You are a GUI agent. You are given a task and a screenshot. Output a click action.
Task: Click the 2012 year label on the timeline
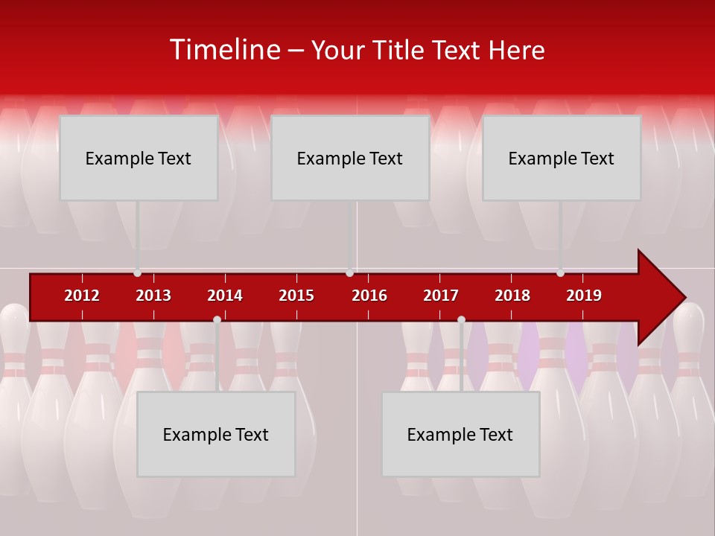coord(82,296)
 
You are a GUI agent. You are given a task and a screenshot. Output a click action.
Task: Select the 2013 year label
coord(153,296)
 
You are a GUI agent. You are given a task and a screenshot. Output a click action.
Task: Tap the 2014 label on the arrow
coord(225,296)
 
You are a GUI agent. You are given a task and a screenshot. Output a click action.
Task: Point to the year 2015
coord(296,296)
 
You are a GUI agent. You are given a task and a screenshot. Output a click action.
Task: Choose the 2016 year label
coord(369,296)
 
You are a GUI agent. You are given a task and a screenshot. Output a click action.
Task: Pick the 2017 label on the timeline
coord(441,296)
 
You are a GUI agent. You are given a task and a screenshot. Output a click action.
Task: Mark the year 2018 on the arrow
coord(512,296)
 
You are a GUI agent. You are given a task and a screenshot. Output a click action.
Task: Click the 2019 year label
coord(584,296)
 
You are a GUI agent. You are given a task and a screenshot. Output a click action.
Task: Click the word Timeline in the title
coord(225,50)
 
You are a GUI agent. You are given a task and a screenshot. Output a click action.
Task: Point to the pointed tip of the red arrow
coord(683,297)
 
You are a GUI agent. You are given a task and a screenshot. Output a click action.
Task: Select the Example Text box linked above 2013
coord(139,158)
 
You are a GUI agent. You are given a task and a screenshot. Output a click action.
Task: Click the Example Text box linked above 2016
coord(350,158)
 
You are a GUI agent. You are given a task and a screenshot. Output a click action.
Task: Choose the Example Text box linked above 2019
coord(562,158)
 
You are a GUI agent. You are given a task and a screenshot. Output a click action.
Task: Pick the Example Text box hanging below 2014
coord(216,434)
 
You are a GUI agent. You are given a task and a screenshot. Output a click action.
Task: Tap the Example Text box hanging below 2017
coord(460,434)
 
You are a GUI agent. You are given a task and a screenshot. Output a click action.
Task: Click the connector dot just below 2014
coord(217,320)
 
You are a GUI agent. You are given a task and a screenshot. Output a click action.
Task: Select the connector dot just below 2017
coord(461,320)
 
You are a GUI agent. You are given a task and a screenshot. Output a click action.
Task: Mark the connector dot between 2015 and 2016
coord(349,273)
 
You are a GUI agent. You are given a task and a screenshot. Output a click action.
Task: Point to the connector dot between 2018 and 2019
coord(560,273)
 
